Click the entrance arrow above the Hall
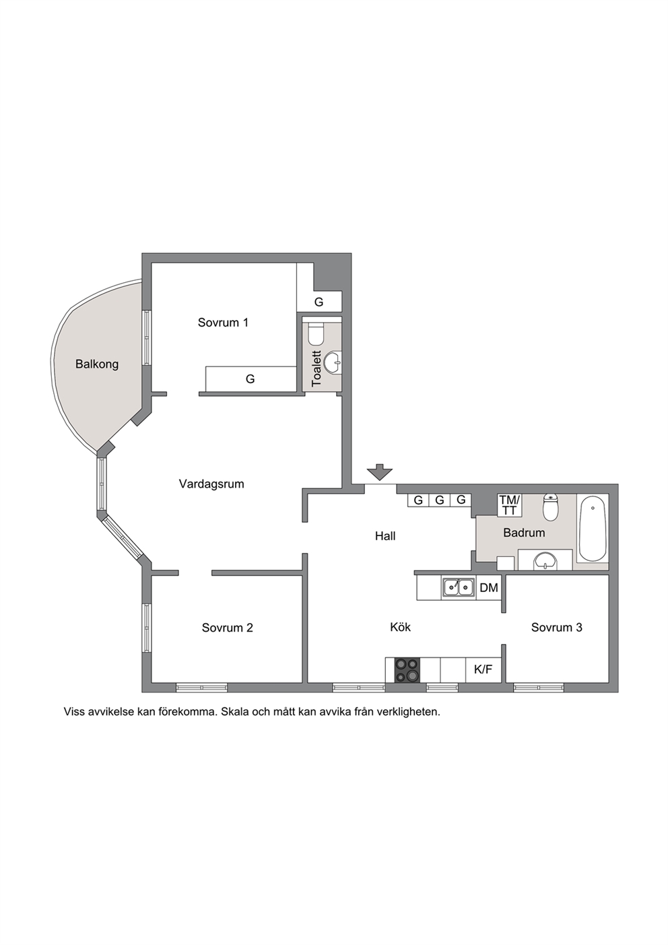click(379, 471)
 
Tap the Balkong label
click(97, 364)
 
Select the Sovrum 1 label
click(223, 323)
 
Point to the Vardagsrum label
click(211, 484)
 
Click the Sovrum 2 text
click(228, 628)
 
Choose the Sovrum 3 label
click(557, 627)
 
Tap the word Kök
click(400, 627)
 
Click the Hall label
click(385, 535)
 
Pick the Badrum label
click(524, 533)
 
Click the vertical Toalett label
click(316, 368)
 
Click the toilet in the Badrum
click(550, 507)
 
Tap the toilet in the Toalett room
click(315, 334)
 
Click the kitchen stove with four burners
click(407, 670)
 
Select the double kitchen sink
click(457, 587)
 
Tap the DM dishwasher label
click(489, 587)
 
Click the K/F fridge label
click(483, 670)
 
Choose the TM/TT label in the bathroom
click(510, 505)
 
